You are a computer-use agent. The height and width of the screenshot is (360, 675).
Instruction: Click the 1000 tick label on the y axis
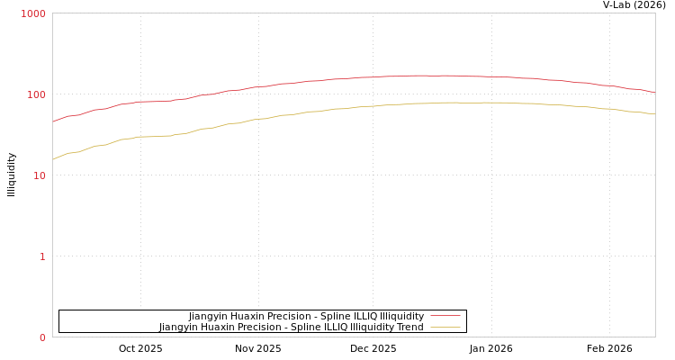click(33, 13)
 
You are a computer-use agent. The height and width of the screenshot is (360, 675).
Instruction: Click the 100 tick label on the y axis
click(36, 94)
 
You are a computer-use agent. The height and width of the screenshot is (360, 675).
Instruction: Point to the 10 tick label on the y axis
click(39, 175)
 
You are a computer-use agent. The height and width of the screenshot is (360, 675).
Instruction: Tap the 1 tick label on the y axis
click(42, 256)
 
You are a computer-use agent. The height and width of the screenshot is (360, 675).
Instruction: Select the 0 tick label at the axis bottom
click(42, 337)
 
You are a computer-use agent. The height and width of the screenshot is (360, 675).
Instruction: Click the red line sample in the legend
click(445, 316)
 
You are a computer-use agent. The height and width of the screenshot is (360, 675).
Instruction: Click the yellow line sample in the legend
click(445, 328)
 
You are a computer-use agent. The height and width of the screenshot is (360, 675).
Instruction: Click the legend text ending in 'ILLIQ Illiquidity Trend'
click(292, 328)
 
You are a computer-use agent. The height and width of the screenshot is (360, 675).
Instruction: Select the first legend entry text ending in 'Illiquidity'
click(306, 316)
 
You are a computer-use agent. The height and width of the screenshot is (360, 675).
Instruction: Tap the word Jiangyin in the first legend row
click(209, 316)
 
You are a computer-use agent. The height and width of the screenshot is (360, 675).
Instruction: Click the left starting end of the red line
click(53, 121)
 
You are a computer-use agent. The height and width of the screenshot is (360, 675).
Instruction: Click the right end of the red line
click(654, 92)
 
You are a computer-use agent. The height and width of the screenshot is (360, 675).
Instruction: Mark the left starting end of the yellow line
click(53, 159)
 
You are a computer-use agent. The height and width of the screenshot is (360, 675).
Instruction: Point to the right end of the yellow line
click(654, 113)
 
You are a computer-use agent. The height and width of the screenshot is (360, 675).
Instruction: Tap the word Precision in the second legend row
click(269, 328)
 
